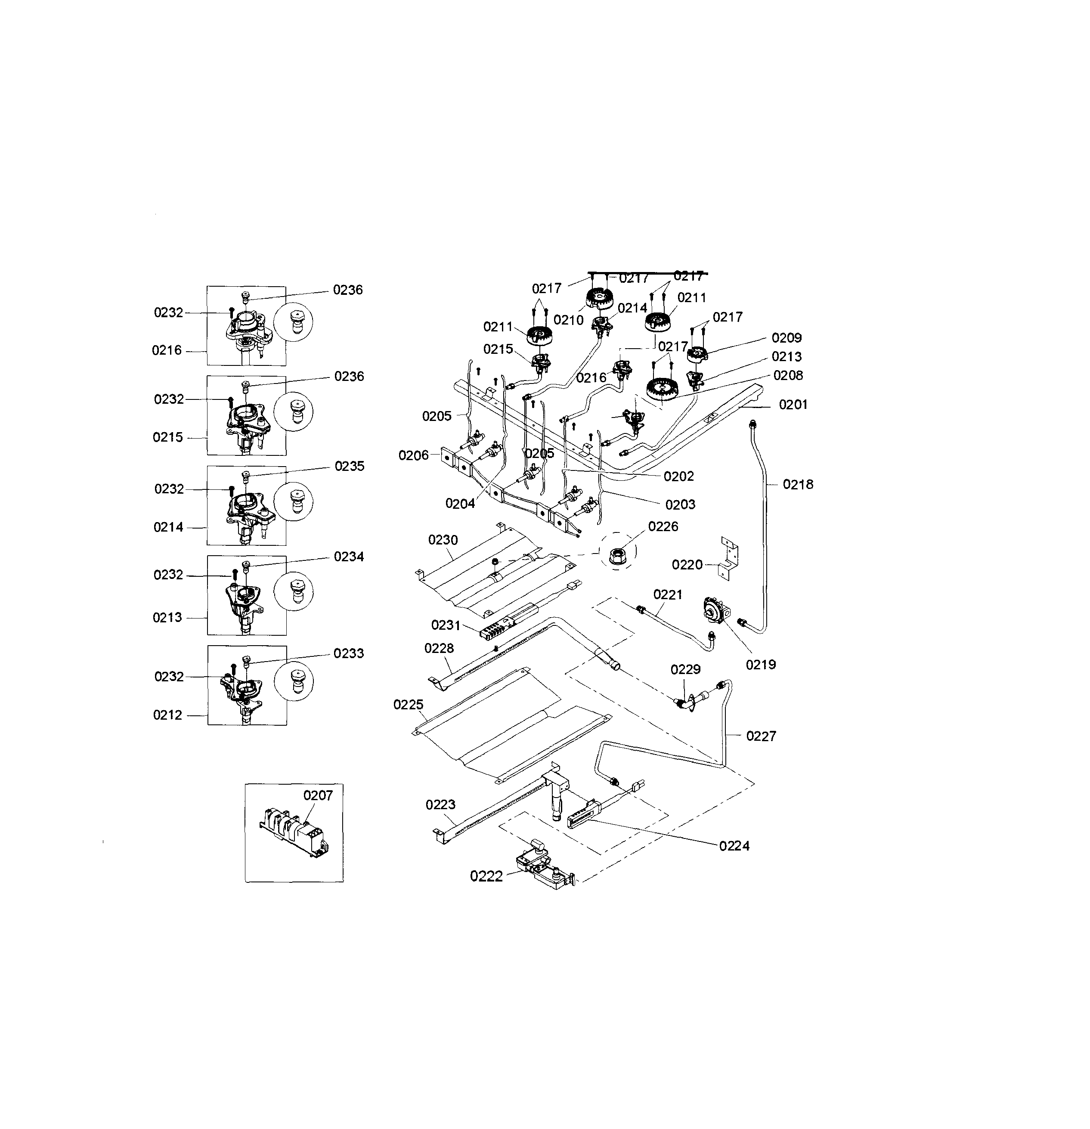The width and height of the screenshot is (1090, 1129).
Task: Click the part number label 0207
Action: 318,795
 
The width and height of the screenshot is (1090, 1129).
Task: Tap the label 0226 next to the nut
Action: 663,526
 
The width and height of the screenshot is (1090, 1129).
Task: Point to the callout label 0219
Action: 761,665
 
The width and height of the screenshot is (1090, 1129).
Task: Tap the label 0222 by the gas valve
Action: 486,876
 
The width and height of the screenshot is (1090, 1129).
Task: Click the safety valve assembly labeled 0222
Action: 542,867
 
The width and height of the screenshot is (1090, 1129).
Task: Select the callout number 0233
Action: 349,653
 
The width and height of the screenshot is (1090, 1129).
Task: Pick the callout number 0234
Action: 349,557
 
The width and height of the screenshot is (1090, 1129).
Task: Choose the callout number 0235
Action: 349,466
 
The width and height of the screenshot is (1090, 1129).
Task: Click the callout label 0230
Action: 443,540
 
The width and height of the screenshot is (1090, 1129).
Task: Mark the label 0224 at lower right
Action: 734,846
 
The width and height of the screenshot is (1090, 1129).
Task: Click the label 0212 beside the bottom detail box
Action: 167,715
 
